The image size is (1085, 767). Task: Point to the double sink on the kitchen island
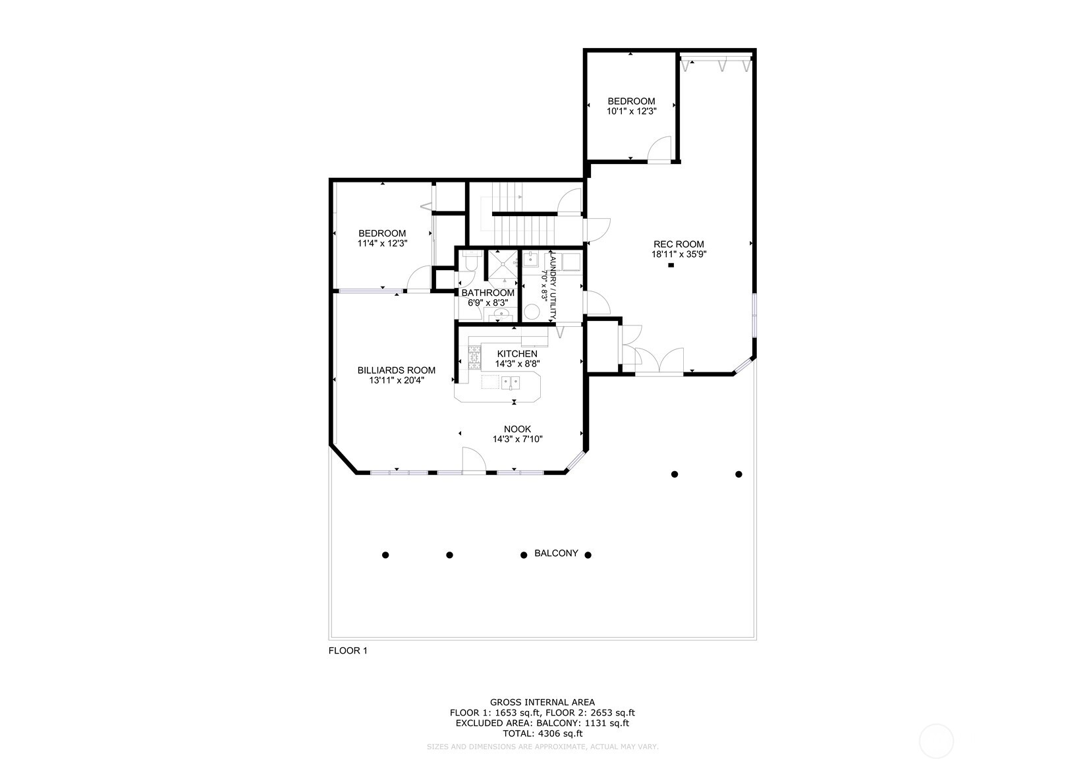tap(510, 382)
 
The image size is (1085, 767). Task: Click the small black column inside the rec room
tap(671, 266)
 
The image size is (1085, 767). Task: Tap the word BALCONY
tap(556, 554)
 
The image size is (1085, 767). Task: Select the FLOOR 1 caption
tap(348, 651)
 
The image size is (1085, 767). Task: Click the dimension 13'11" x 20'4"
tap(396, 380)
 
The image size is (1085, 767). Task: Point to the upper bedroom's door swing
tap(659, 149)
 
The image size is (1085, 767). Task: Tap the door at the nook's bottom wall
tap(473, 460)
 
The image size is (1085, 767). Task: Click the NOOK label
tap(518, 429)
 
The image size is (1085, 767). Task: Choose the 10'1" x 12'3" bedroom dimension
tap(631, 111)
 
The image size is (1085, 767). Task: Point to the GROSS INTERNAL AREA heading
tap(542, 702)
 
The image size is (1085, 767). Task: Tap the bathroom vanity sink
tap(501, 314)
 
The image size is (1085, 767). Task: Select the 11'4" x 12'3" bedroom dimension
tap(382, 243)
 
